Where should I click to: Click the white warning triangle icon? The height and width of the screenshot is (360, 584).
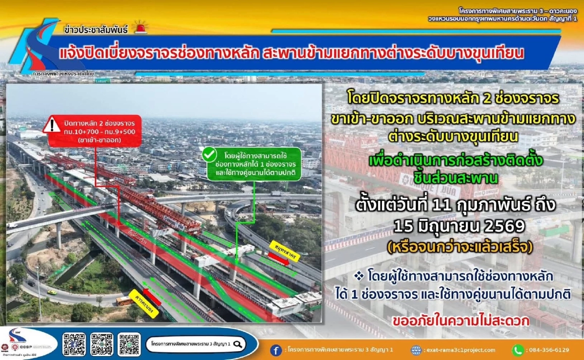click(52, 126)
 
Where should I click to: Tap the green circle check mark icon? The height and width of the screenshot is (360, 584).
click(209, 155)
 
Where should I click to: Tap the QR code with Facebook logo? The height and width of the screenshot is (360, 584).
click(74, 343)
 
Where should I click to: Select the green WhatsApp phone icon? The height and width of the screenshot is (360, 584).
click(517, 350)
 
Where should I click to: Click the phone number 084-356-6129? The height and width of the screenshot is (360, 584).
click(548, 350)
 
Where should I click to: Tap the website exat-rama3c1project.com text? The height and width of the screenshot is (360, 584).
click(460, 350)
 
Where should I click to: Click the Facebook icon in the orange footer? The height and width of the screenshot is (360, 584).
click(276, 350)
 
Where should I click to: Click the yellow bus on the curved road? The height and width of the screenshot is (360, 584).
click(124, 301)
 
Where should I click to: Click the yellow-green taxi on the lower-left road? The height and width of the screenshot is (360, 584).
click(51, 292)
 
